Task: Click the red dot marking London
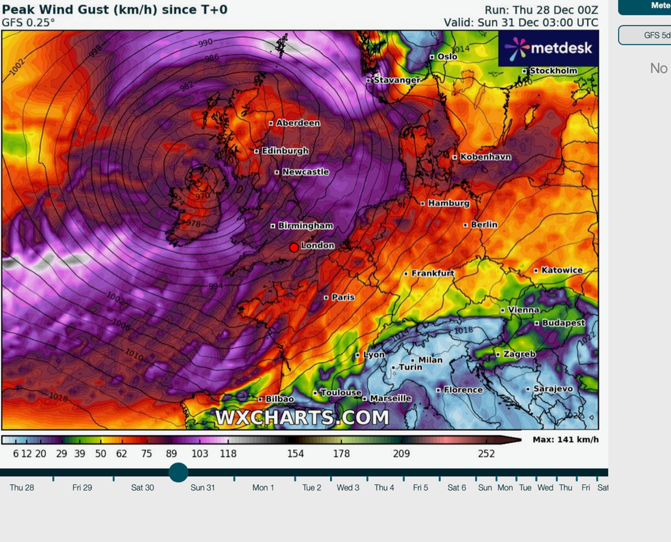[294, 247]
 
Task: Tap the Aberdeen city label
[298, 123]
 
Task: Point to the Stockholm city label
[553, 71]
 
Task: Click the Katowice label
[561, 270]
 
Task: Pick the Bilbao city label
[279, 399]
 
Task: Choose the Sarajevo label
[553, 389]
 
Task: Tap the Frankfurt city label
[433, 273]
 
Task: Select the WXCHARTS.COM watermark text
[302, 417]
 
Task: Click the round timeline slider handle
[179, 472]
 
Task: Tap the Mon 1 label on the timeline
[263, 488]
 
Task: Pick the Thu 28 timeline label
[22, 488]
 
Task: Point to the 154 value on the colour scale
[295, 454]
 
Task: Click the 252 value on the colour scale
[486, 454]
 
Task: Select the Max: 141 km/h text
[566, 439]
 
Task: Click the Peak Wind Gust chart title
[115, 10]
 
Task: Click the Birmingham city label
[305, 225]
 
